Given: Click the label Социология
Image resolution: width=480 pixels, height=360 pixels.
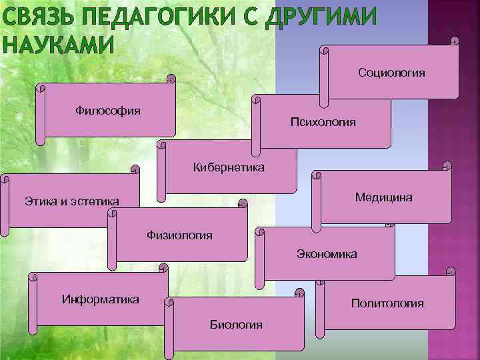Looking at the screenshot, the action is click(391, 72).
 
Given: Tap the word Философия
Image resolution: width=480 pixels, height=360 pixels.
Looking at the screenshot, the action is click(107, 110).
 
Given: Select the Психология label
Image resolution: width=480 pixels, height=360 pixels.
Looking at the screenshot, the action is click(323, 122).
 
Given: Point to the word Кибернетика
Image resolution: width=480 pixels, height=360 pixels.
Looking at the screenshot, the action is click(228, 167).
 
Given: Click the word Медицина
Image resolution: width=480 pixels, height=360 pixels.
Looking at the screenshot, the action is click(383, 197).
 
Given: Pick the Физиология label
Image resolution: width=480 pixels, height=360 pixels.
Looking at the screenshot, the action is click(179, 235).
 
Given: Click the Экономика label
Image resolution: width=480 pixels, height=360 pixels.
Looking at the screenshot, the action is click(327, 254).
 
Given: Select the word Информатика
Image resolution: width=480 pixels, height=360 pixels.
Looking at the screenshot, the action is click(100, 299).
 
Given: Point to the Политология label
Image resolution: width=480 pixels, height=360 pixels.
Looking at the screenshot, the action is click(387, 303).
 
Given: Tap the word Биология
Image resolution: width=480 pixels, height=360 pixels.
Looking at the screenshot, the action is click(236, 325).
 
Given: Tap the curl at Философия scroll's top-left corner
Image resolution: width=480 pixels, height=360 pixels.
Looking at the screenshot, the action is click(42, 87).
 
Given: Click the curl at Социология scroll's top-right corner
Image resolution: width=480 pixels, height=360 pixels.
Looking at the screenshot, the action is click(454, 41).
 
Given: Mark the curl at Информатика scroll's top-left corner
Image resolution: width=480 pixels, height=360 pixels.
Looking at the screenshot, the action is click(32, 276).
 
